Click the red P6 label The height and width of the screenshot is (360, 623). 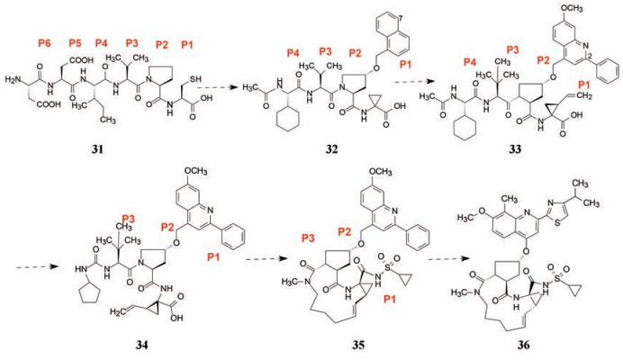point(41,42)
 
